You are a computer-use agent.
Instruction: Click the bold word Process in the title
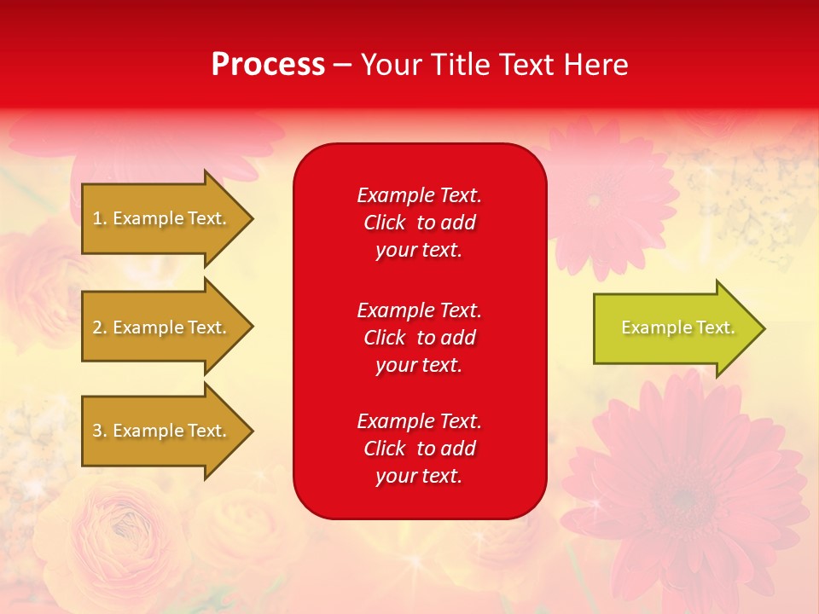[268, 65]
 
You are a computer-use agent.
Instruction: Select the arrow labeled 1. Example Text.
[162, 218]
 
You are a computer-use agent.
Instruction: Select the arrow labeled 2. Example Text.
[162, 327]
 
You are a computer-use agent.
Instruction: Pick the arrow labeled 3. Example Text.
[162, 431]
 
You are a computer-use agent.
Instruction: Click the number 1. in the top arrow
[100, 218]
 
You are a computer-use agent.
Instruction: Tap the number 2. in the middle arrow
[100, 327]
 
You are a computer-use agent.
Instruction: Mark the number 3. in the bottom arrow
[100, 431]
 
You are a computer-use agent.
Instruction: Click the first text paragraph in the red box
[419, 223]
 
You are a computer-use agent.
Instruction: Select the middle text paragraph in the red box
[419, 338]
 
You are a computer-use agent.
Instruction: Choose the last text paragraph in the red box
[419, 449]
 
